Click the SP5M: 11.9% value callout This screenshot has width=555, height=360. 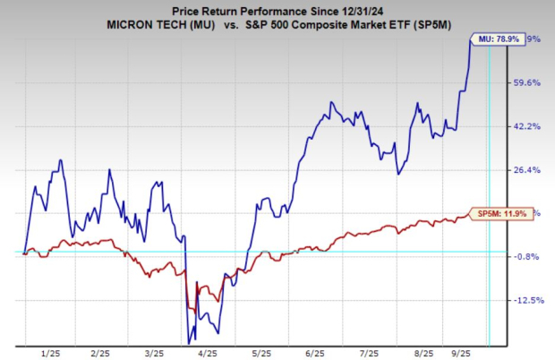point(500,214)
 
